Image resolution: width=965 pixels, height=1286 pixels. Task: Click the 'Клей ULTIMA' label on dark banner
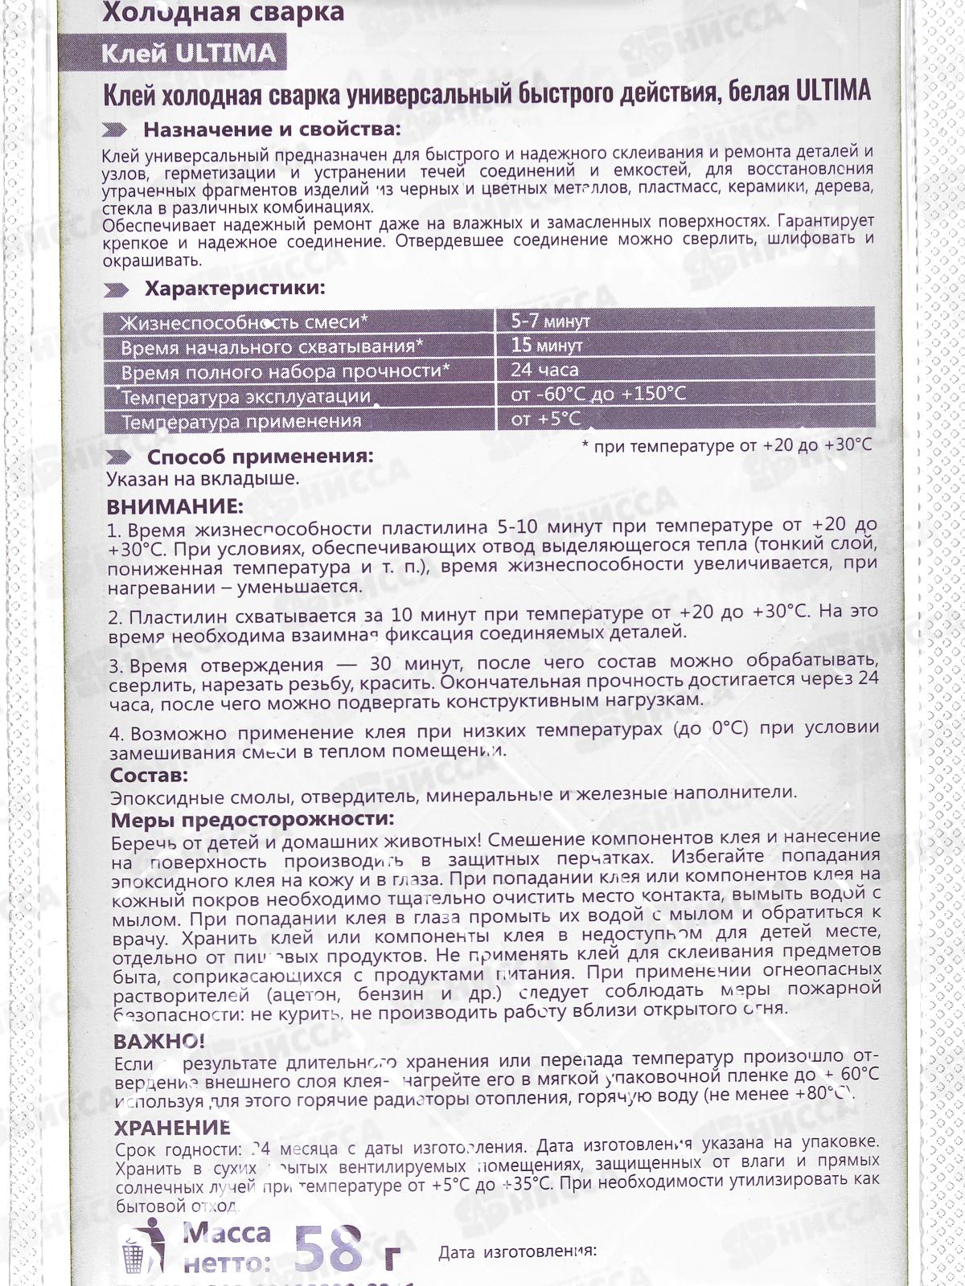pos(189,53)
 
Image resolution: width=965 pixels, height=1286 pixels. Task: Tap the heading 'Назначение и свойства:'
pos(271,129)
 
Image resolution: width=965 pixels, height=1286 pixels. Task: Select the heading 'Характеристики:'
pos(235,288)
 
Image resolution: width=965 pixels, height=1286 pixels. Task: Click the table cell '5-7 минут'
pos(551,321)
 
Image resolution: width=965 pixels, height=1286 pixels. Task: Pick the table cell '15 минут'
pos(547,346)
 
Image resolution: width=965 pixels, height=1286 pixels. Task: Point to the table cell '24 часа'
pos(544,370)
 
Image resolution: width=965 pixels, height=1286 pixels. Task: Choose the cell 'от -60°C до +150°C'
pos(598,394)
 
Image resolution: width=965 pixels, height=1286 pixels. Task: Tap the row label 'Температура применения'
pos(241,421)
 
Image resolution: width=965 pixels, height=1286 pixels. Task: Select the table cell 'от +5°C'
pos(545,418)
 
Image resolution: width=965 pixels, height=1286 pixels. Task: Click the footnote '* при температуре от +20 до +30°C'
pos(726,445)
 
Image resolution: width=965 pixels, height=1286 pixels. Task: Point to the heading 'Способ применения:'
pos(260,457)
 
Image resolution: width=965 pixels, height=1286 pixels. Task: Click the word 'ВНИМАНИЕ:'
pos(175,506)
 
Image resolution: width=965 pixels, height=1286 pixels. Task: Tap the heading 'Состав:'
pos(149,775)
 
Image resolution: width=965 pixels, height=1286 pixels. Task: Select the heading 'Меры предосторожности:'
pos(253,819)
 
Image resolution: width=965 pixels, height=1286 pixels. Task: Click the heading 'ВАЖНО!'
pos(159,1042)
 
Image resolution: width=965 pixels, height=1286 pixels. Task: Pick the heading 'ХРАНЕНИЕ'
pos(172,1127)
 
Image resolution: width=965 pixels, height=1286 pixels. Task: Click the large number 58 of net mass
pos(328,1247)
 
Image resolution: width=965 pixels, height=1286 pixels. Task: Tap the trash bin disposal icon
pos(143,1247)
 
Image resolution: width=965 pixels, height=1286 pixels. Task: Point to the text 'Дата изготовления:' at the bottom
pos(517,1251)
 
